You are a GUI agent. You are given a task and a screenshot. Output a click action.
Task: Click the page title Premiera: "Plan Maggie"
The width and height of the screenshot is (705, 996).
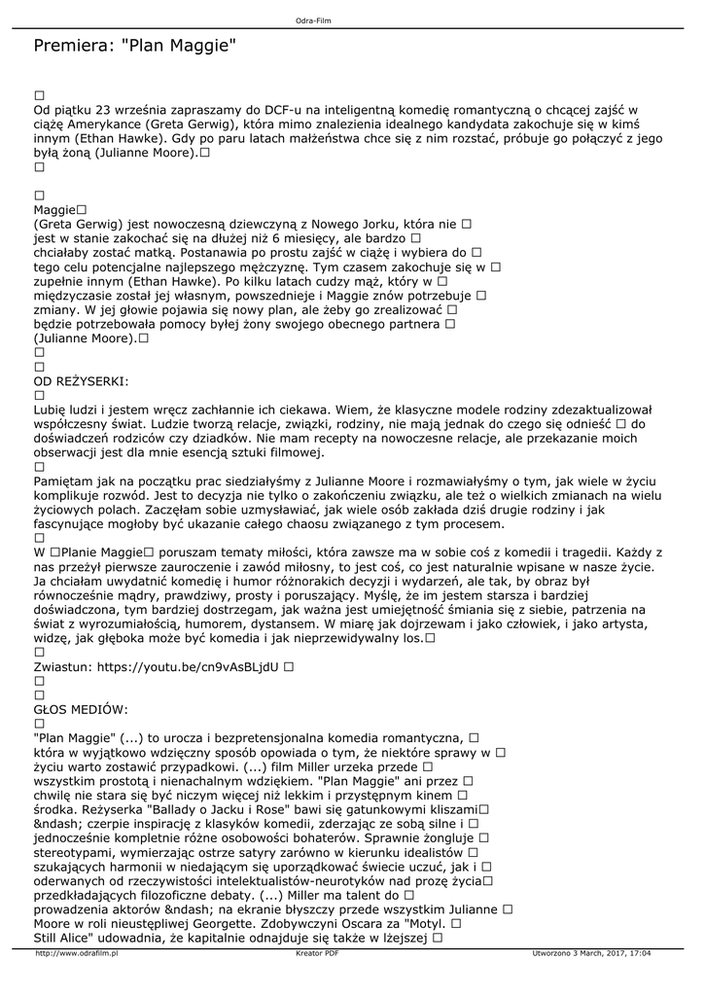tap(135, 46)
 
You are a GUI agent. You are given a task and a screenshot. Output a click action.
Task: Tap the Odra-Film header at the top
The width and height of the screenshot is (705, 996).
tap(314, 20)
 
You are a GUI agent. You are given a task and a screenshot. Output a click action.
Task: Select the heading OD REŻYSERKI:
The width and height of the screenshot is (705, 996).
tap(81, 380)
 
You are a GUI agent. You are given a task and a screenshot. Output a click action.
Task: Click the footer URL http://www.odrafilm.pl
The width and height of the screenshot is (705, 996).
tap(76, 954)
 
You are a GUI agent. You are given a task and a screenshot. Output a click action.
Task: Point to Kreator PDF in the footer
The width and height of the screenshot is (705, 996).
tap(317, 954)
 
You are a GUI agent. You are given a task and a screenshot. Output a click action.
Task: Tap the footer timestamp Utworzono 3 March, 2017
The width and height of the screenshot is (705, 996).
tap(591, 954)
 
